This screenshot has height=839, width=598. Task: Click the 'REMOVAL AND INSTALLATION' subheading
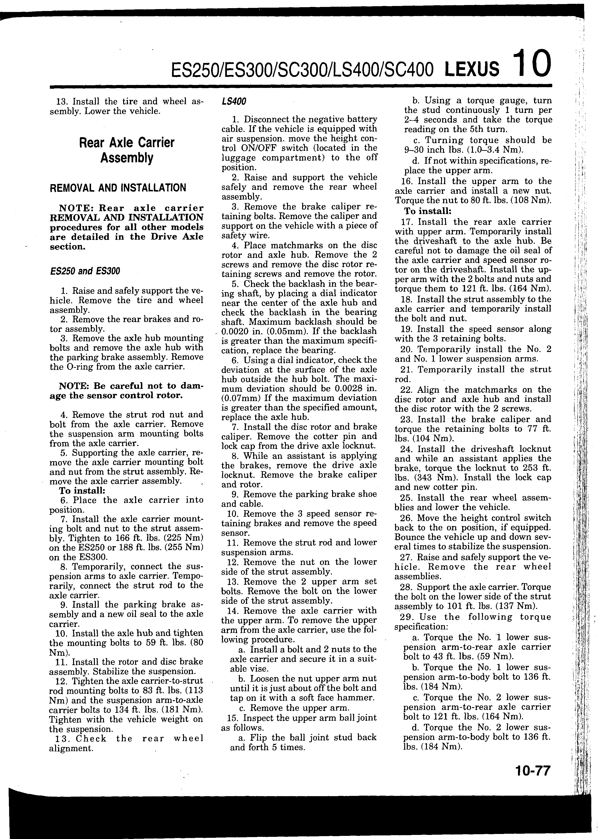[x=118, y=188]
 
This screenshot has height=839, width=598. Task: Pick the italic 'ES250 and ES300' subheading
[x=85, y=271]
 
